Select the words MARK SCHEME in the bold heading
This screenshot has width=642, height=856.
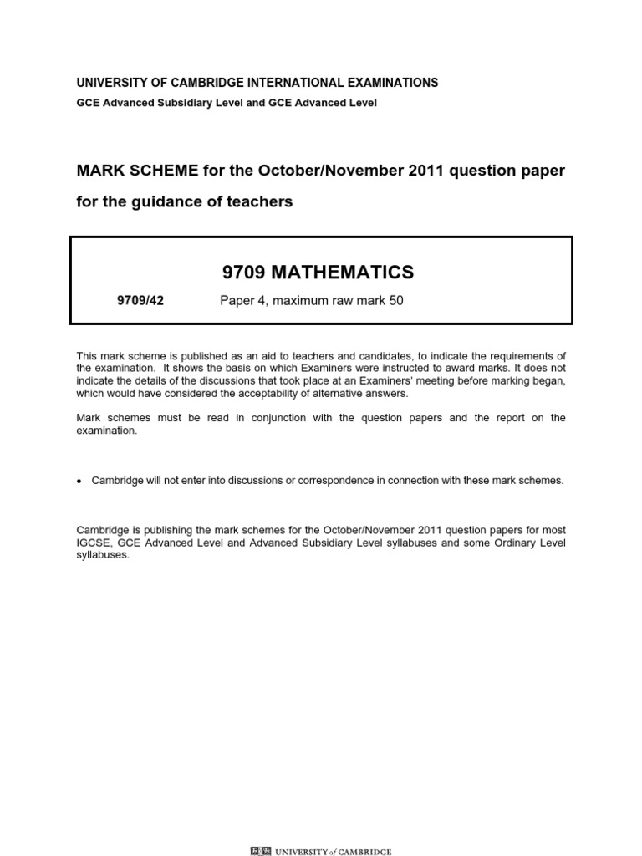(x=128, y=171)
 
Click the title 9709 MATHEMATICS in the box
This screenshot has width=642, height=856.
(x=318, y=272)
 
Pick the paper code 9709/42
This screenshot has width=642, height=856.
(x=140, y=301)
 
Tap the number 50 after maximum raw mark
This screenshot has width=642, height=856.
(x=395, y=301)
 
